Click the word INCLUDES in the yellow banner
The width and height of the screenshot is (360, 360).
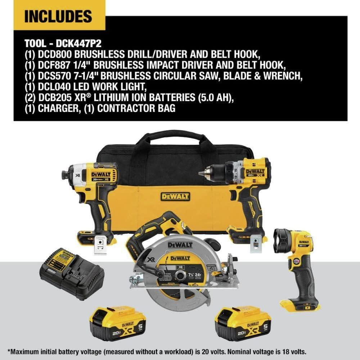[58, 16]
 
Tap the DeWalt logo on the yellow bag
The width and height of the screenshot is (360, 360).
[175, 197]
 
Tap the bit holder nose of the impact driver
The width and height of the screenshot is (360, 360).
[65, 175]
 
